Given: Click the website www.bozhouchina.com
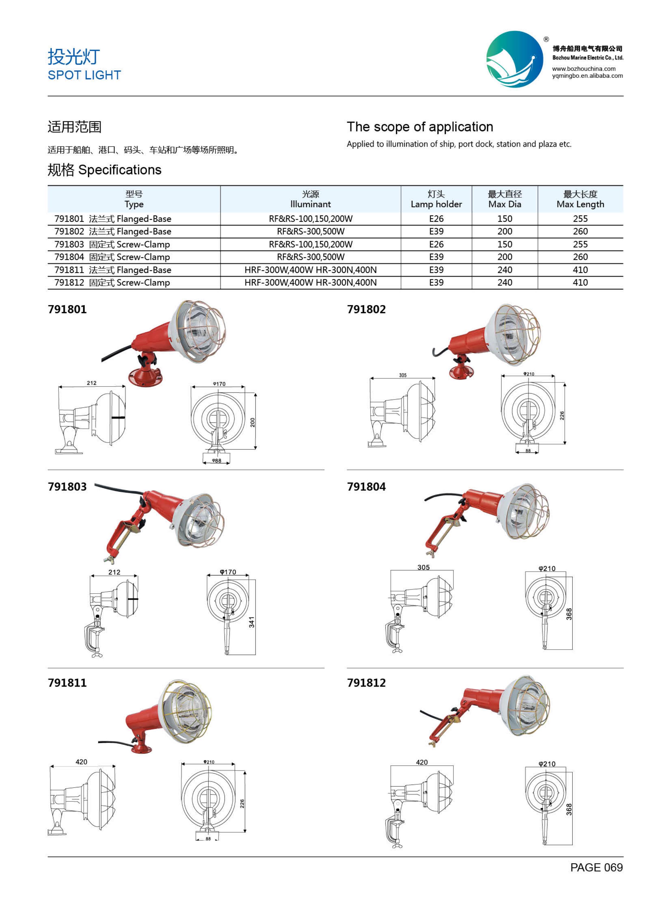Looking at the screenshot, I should [x=583, y=69].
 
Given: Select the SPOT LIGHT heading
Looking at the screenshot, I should [x=84, y=75].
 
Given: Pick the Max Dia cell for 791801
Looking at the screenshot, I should [x=504, y=219].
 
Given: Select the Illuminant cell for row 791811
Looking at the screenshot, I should [x=310, y=270].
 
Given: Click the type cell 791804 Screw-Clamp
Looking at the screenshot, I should [x=112, y=257].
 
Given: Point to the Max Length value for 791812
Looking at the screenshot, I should [x=580, y=283].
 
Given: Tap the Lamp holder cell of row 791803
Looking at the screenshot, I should [x=436, y=244].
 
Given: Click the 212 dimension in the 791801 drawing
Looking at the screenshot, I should [x=92, y=383].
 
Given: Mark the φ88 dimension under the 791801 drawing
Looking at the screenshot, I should [x=216, y=461].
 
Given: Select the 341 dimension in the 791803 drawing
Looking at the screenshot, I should [x=252, y=622].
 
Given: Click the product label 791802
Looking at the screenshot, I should [x=366, y=309].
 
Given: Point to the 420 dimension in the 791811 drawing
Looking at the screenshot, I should [x=81, y=762].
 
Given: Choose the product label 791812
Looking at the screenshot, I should [x=366, y=683].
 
